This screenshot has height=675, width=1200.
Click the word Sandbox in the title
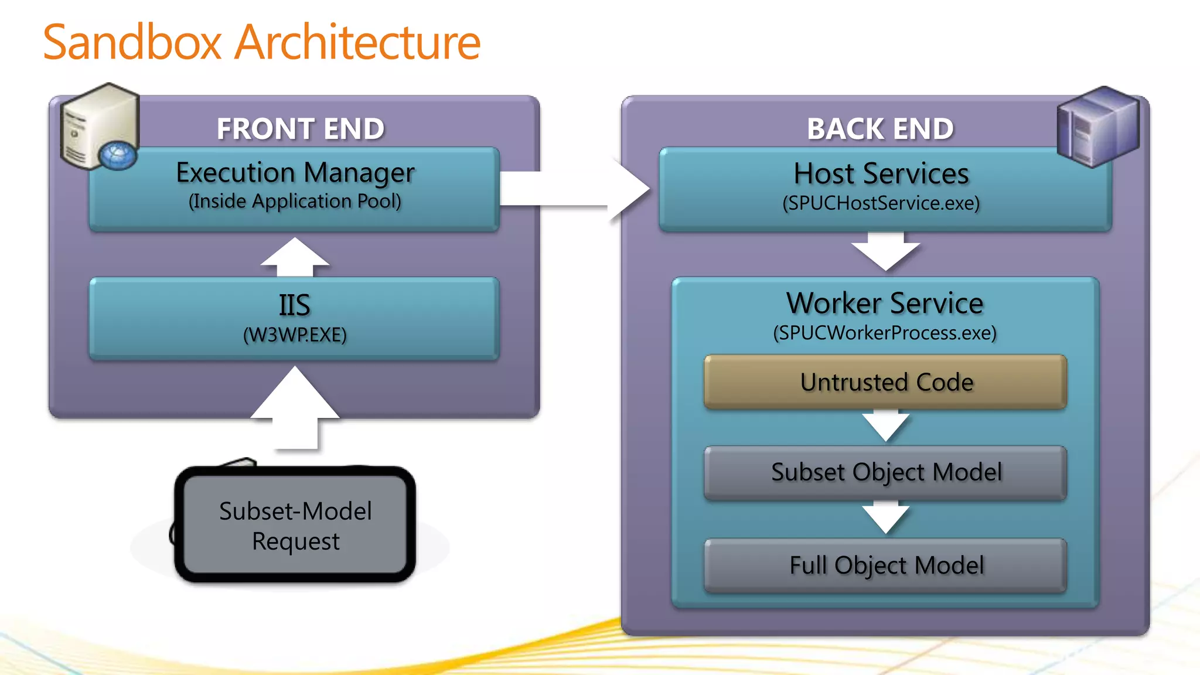[x=132, y=42]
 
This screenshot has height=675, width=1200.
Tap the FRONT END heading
[x=301, y=129]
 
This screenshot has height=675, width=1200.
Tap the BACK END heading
[x=880, y=129]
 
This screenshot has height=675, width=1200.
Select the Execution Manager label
[x=295, y=173]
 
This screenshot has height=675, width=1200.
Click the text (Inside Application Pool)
[x=295, y=202]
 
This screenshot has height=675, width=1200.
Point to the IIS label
[x=294, y=305]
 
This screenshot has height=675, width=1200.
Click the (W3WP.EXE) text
[x=295, y=335]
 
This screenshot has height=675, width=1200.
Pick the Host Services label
[x=881, y=174]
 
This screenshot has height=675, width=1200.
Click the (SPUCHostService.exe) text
[x=881, y=203]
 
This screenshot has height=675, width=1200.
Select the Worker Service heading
[x=885, y=304]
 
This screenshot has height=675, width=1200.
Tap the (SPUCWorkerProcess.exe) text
[x=885, y=333]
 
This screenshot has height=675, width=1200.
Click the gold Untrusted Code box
[x=885, y=382]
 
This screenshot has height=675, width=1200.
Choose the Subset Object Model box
[x=885, y=472]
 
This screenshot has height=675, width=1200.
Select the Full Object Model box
[x=885, y=565]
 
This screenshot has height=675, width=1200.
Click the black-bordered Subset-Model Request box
[x=295, y=526]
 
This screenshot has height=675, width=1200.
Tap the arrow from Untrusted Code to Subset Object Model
[x=885, y=426]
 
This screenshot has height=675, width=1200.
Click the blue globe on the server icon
[x=118, y=156]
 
